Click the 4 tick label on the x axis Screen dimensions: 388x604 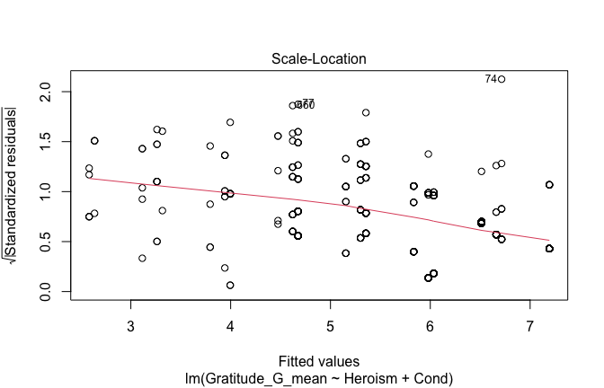tap(231, 323)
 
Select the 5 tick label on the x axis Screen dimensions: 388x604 tap(331, 323)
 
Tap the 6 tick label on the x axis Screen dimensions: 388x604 tap(431, 323)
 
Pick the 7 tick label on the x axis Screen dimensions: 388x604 tap(530, 323)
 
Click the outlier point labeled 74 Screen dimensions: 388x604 tap(502, 79)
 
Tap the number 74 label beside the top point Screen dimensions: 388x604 tap(491, 79)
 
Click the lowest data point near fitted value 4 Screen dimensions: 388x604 tap(231, 285)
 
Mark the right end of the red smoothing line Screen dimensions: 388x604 tap(549, 240)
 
